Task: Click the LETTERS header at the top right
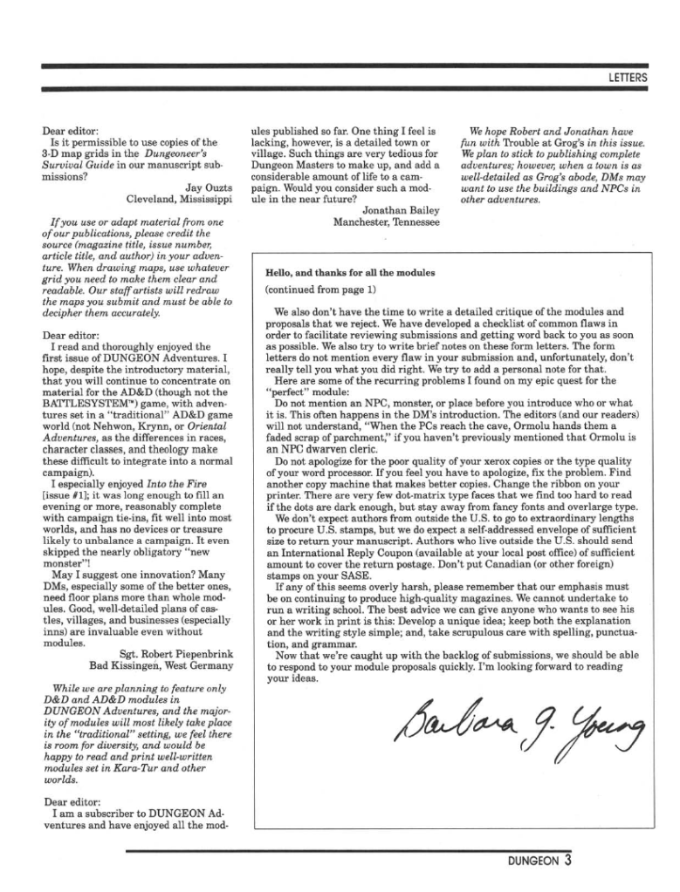(628, 78)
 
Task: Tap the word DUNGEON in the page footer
(533, 861)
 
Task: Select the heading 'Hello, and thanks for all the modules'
(349, 273)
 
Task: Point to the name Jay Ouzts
(209, 187)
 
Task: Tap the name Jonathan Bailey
(401, 209)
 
